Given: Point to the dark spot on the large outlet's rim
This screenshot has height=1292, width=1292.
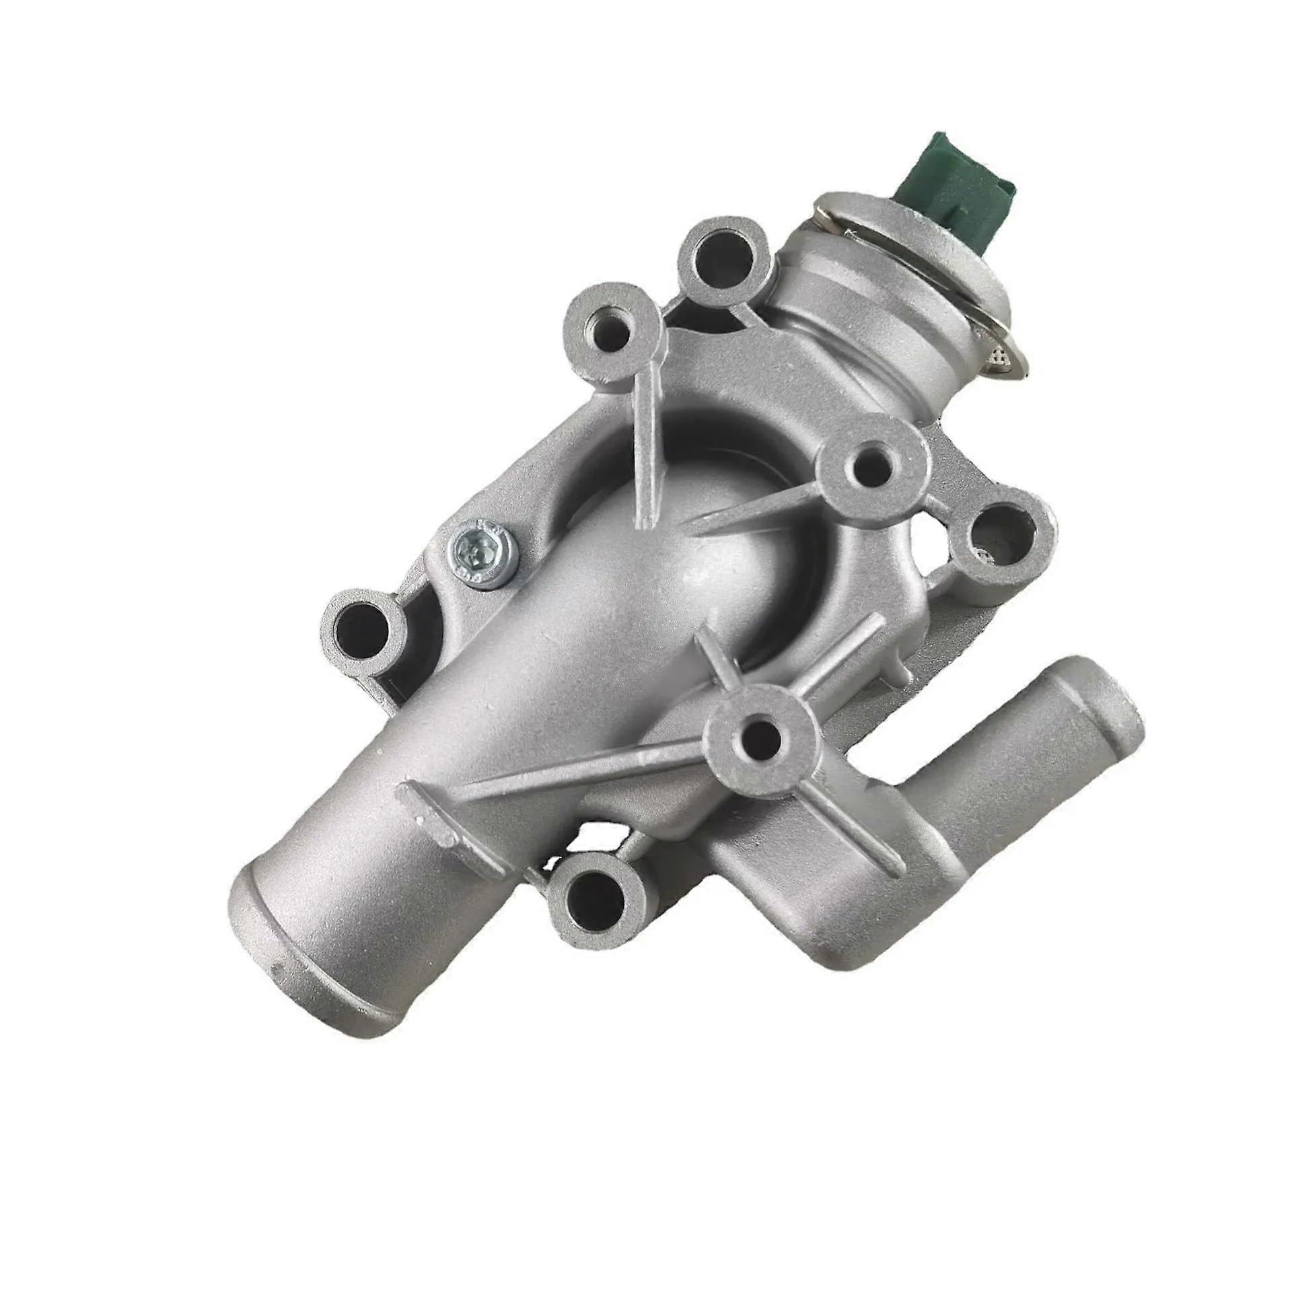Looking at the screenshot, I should tap(277, 1009).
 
